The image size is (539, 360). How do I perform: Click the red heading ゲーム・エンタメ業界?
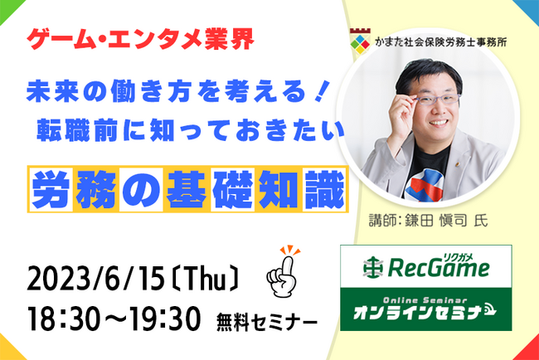140,39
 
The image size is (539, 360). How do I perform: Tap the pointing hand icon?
283,271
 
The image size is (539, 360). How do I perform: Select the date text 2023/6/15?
96,279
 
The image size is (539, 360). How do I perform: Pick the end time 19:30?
163,319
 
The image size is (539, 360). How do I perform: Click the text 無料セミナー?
266,324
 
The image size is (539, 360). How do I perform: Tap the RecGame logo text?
439,267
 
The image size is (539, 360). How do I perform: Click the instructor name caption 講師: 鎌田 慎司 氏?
429,221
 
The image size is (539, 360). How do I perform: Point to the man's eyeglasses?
436,100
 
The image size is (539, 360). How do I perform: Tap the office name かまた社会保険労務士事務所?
441,42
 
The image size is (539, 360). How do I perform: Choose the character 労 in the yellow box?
51,189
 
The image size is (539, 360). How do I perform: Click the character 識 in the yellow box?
324,189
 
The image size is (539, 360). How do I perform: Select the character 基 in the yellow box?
187,189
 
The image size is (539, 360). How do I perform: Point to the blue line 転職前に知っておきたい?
190,130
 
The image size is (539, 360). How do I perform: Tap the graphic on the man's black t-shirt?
425,184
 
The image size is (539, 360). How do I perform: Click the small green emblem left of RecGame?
373,267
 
